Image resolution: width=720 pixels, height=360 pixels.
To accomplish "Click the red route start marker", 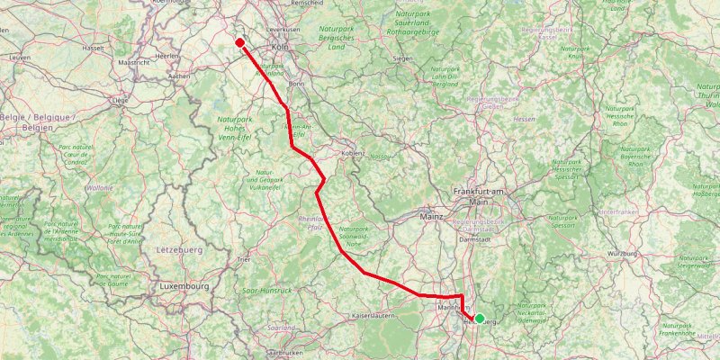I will tap(240, 41).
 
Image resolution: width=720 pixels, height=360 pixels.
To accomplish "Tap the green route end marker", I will tap(480, 318).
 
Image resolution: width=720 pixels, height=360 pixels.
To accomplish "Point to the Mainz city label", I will tap(432, 216).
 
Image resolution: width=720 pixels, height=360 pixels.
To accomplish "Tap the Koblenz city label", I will tap(352, 154).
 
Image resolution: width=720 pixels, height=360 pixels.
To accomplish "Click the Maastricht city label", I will tap(133, 62).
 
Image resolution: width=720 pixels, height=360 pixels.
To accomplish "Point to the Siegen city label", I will tap(403, 59).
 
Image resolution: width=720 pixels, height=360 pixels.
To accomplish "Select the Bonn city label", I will tap(297, 84).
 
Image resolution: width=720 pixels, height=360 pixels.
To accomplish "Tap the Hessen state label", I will tap(525, 118).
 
